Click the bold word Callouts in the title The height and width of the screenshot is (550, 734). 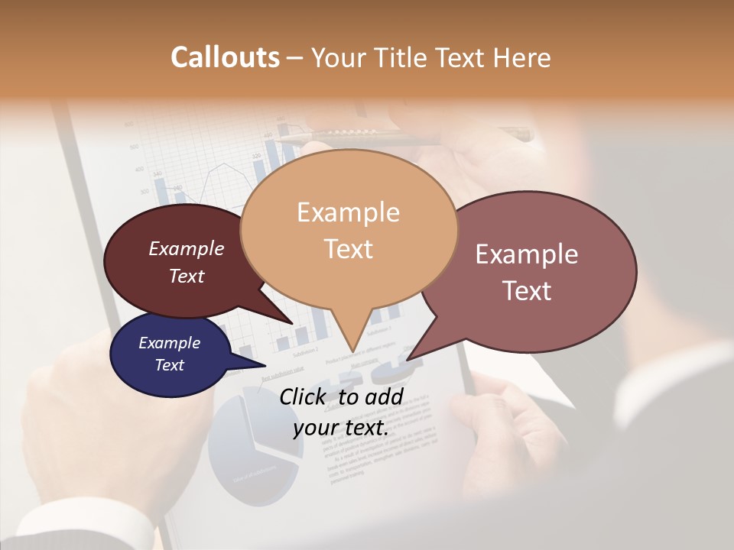tap(225, 57)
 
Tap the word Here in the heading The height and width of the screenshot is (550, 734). tap(524, 57)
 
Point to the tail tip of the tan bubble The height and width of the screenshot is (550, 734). tap(352, 351)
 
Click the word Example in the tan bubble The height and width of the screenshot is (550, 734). tap(348, 212)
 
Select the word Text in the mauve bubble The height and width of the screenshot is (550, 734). tap(528, 291)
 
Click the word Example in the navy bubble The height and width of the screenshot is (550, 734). tap(169, 343)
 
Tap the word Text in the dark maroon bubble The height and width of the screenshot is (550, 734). tap(186, 277)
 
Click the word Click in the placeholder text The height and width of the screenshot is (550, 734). tap(304, 396)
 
